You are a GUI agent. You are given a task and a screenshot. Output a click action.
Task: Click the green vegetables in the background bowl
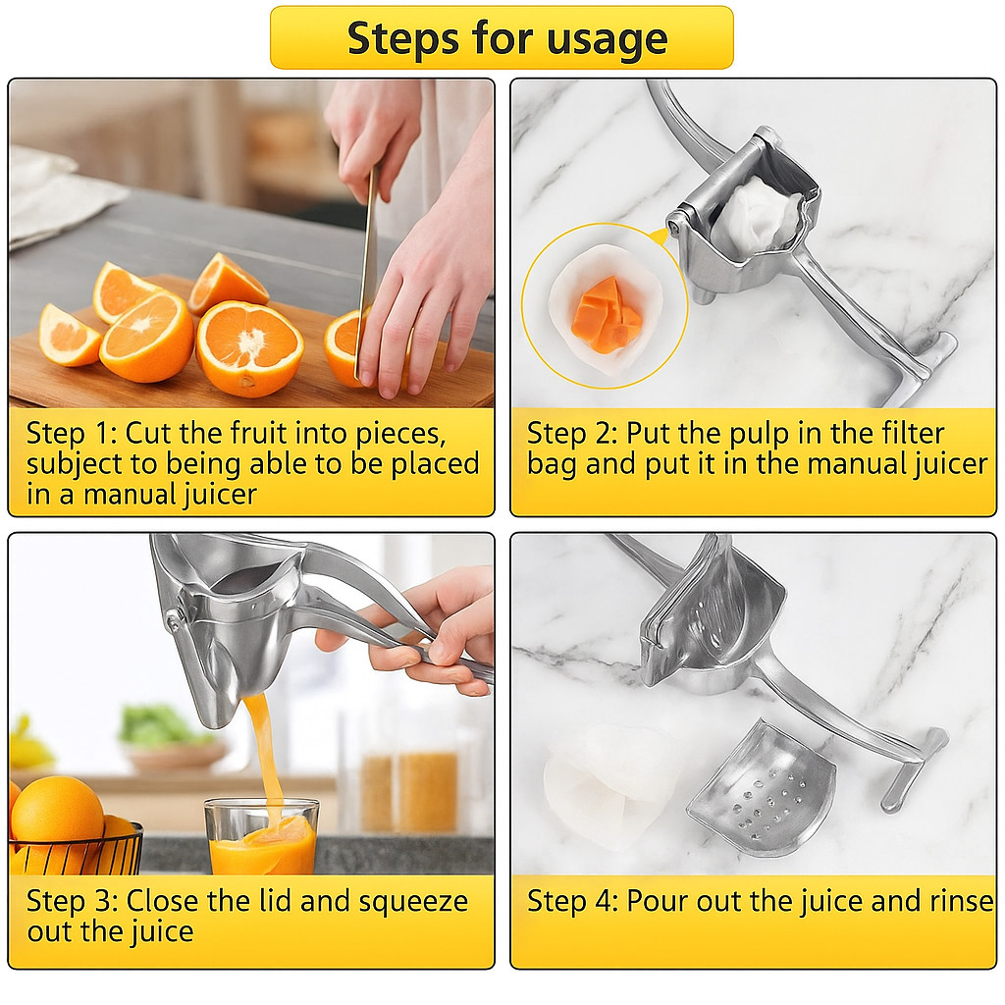pos(157,726)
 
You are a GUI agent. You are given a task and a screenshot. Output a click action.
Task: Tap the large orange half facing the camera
pos(249,347)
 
